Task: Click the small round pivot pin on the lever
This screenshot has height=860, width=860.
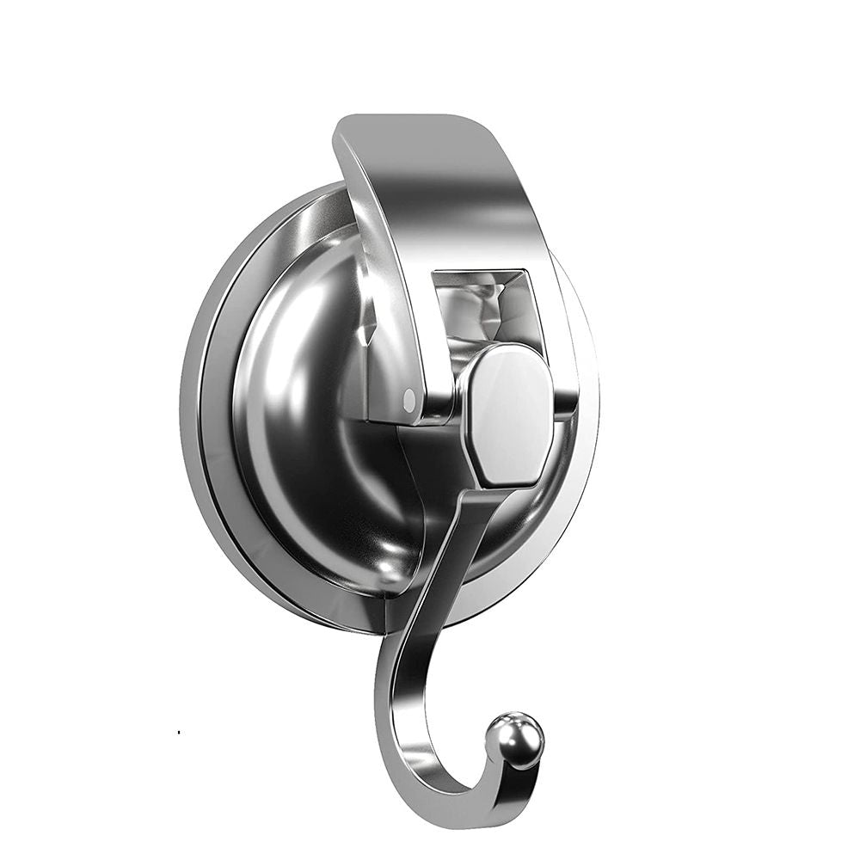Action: click(x=408, y=396)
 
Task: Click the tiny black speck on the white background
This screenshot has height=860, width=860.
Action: click(x=178, y=732)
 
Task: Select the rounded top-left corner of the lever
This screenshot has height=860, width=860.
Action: click(x=344, y=129)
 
